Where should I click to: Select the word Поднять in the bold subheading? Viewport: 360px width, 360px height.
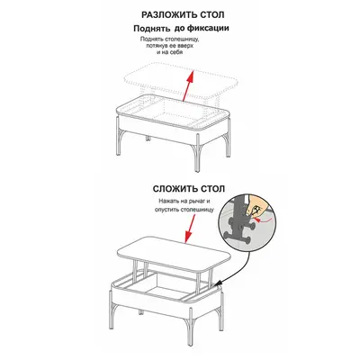coord(152,29)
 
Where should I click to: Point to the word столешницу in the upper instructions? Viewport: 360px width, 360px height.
coord(184,40)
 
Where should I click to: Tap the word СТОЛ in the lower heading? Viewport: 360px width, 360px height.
coord(211,189)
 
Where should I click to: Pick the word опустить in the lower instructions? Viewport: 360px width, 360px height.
coord(167,210)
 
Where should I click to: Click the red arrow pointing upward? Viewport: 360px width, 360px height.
coord(186,86)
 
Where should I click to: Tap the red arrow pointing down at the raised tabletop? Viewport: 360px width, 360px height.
coord(190,229)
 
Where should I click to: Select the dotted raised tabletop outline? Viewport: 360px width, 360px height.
coord(181,81)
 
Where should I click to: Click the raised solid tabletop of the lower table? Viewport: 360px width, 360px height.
coord(175,255)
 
